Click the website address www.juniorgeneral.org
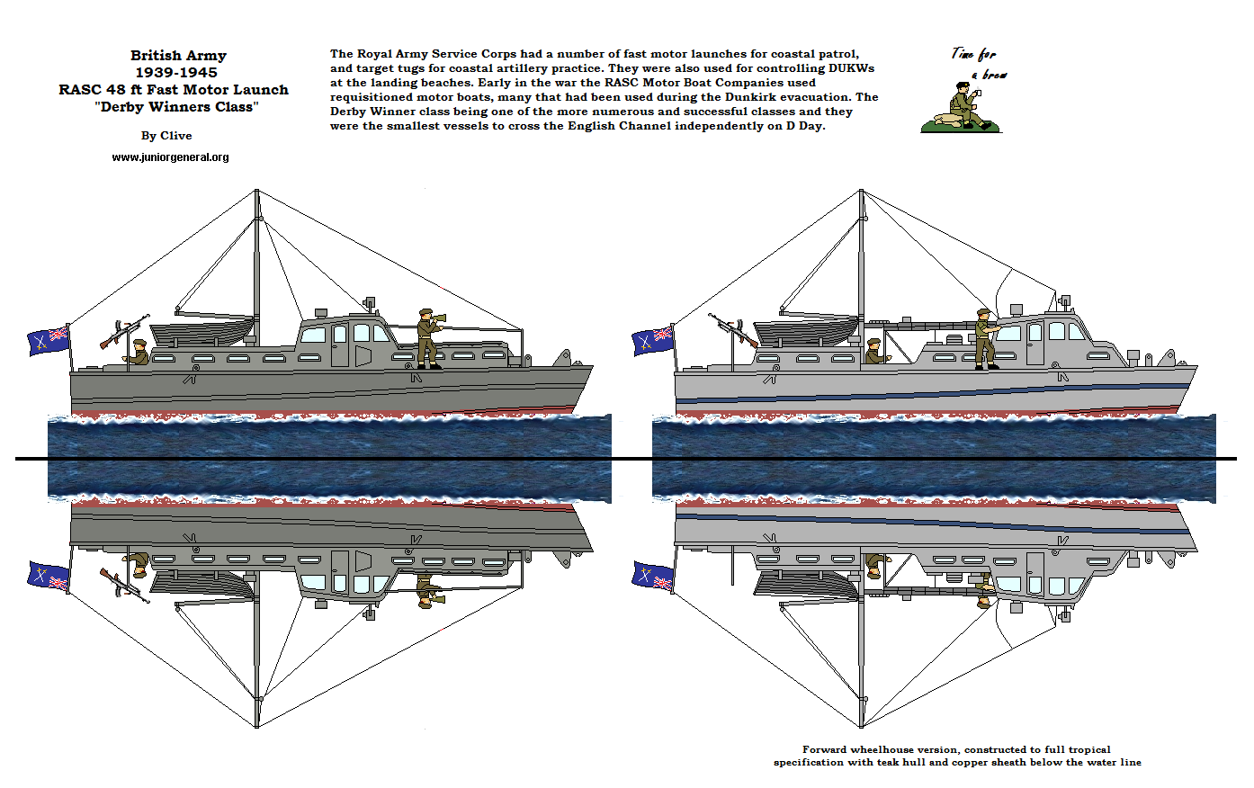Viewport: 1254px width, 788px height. [170, 157]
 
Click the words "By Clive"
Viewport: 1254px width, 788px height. [166, 136]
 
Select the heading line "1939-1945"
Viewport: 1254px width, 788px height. [176, 73]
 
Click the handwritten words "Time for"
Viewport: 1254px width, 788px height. [973, 54]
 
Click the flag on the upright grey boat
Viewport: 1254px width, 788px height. [49, 339]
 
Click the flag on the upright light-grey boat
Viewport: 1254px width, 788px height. [653, 339]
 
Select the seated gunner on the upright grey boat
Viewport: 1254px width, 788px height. [138, 354]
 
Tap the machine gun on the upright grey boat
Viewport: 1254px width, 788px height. [123, 333]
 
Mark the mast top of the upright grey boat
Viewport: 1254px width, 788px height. [256, 193]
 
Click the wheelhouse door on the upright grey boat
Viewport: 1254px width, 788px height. [339, 345]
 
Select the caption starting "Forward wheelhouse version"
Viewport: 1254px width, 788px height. [957, 756]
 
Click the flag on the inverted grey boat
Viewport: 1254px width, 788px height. [49, 577]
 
